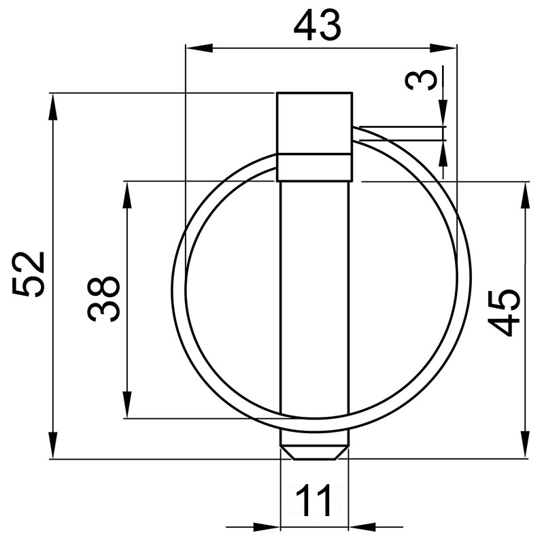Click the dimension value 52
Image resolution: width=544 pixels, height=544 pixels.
[31, 274]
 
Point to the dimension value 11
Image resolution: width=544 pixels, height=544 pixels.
[313, 501]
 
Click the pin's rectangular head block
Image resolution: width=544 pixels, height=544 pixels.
[314, 122]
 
